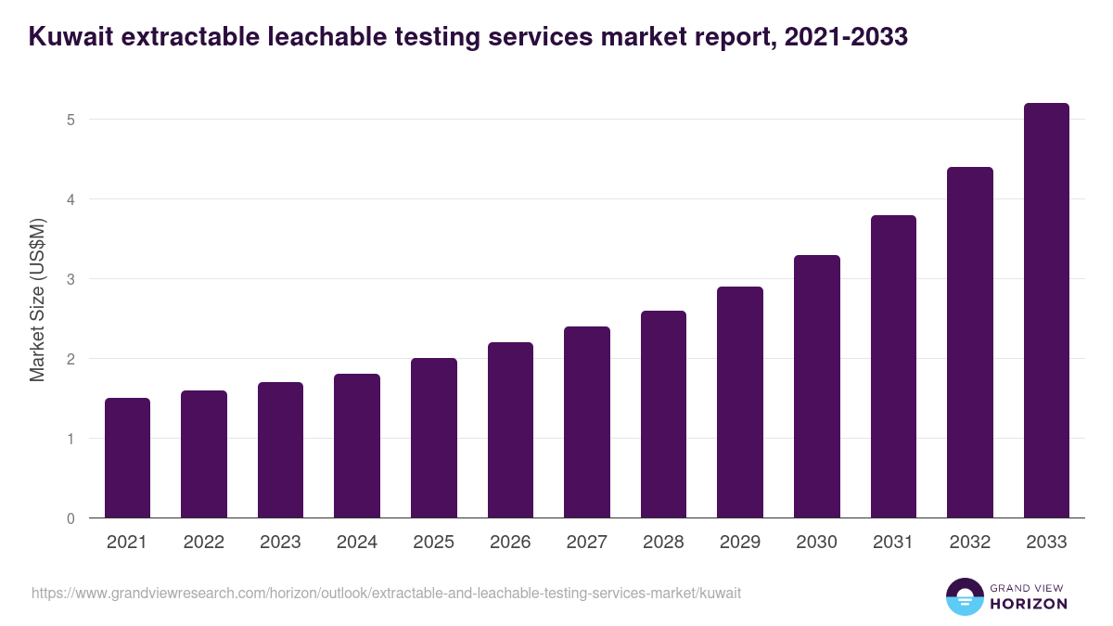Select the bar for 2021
[127, 458]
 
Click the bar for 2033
[1046, 311]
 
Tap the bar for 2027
[586, 422]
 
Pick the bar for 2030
[816, 387]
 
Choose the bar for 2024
[357, 446]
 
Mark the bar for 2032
[970, 342]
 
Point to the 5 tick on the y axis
[70, 120]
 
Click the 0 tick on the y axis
[70, 518]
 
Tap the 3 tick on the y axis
[70, 279]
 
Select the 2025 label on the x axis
[433, 543]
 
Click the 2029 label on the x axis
[740, 543]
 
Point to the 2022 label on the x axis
[203, 543]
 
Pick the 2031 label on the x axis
[893, 543]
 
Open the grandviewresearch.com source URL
[386, 593]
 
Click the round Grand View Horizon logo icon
[965, 596]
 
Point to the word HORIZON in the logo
[1028, 604]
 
